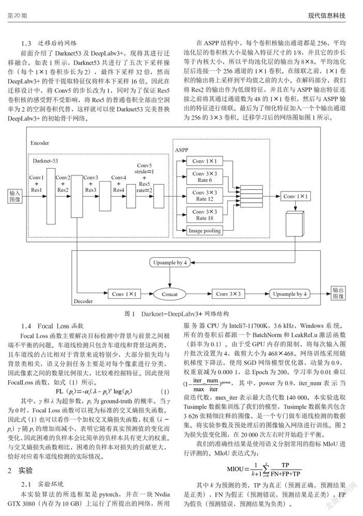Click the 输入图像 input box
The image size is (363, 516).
coord(15,196)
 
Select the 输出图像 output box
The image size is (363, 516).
coord(338,293)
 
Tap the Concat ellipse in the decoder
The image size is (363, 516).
coord(170,294)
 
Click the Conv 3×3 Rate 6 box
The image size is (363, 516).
coord(204,176)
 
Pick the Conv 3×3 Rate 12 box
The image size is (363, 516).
coord(204,196)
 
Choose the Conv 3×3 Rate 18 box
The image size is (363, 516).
coord(204,215)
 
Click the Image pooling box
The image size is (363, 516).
coord(204,231)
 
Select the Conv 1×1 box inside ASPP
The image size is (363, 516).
coord(204,161)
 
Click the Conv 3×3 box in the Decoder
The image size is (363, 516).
coord(228,294)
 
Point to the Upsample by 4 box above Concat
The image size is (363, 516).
coord(170,263)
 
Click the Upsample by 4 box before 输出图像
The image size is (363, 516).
coord(290,294)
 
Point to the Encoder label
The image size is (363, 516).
coord(40,143)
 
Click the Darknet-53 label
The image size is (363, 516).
coord(45,160)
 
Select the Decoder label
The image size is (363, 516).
coord(83,301)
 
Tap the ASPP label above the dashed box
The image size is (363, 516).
coord(182,150)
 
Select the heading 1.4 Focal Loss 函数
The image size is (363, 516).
coord(52,326)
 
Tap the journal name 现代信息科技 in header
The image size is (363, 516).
coord(327,15)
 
